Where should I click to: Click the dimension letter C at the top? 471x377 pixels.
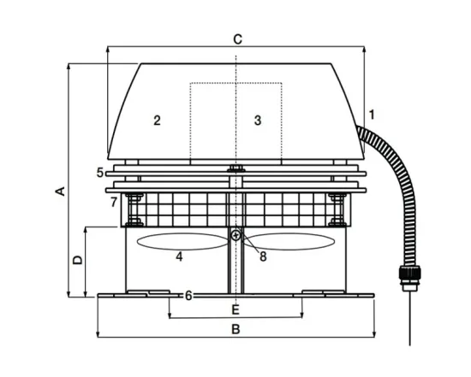pos(237,39)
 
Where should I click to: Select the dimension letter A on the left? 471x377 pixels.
pos(61,191)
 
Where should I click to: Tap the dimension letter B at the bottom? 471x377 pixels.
pos(235,329)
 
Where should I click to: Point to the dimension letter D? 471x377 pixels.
pos(77,260)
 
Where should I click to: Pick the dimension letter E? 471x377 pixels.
pos(235,309)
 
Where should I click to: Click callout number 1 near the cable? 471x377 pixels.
pos(372,115)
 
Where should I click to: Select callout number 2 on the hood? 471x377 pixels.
pos(157,121)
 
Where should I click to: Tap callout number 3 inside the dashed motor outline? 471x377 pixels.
pos(258,121)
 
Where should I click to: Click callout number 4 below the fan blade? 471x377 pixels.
pos(179,256)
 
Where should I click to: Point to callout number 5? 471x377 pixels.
pos(100,173)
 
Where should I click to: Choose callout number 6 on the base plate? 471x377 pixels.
pos(188,296)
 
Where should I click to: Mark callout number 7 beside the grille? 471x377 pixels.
pos(114,202)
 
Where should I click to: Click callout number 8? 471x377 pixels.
pos(263,256)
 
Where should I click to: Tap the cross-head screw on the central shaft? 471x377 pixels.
pos(236,235)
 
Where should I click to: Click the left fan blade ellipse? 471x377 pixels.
pos(182,241)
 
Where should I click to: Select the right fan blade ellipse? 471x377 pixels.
pos(289,241)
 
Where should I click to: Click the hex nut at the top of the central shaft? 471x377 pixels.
pos(236,168)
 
